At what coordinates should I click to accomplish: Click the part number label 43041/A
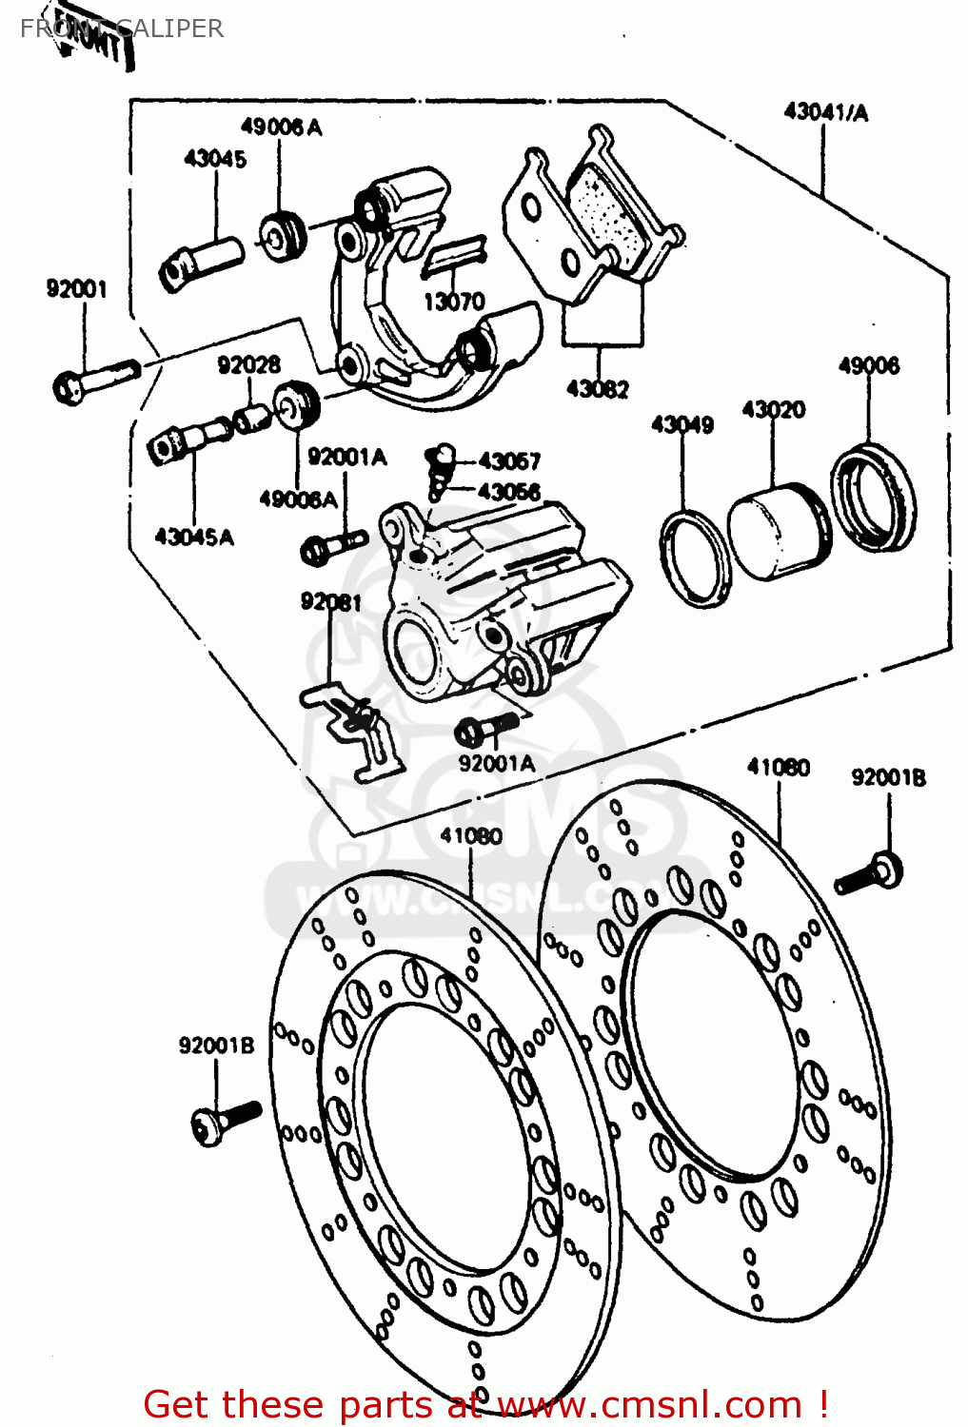point(825,112)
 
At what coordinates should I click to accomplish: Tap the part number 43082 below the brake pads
point(597,388)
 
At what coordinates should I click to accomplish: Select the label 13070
point(454,302)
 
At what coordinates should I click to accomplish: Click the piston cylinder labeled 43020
point(776,533)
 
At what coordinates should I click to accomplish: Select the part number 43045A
point(193,538)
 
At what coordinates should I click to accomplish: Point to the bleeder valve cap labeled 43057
point(444,457)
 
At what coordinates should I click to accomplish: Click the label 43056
point(508,492)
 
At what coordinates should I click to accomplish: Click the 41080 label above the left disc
point(471,836)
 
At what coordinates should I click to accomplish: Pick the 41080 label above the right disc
point(778,767)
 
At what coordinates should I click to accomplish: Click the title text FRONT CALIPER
point(122,29)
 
